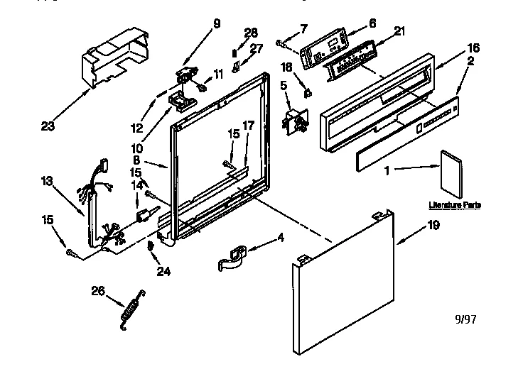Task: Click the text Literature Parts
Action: tap(455, 205)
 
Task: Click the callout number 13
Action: tap(46, 181)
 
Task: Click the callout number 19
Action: tap(433, 226)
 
